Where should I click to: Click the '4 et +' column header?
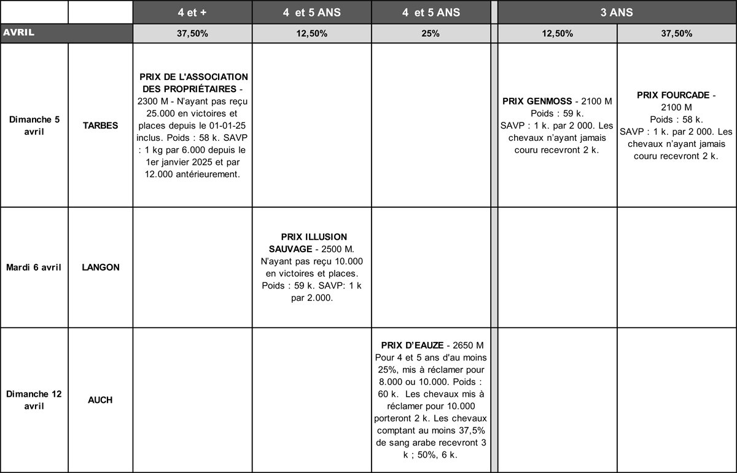pyautogui.click(x=192, y=12)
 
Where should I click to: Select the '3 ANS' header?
pyautogui.click(x=617, y=12)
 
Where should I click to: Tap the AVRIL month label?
pyautogui.click(x=19, y=33)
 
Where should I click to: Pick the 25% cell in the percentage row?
pyautogui.click(x=431, y=34)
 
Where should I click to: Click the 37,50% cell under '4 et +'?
pyautogui.click(x=192, y=34)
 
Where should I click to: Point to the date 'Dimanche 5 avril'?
pyautogui.click(x=34, y=125)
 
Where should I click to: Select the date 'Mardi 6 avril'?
pyautogui.click(x=34, y=268)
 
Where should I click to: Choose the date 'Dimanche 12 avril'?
pyautogui.click(x=34, y=400)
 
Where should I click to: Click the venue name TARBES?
pyautogui.click(x=100, y=125)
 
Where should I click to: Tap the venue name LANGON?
pyautogui.click(x=100, y=268)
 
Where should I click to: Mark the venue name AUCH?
pyautogui.click(x=100, y=400)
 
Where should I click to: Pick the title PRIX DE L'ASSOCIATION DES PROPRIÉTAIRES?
pyautogui.click(x=192, y=83)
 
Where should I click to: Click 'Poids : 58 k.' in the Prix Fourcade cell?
pyautogui.click(x=676, y=119)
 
